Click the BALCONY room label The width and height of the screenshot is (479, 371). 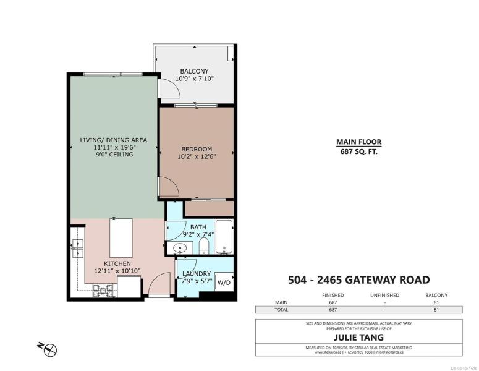194,71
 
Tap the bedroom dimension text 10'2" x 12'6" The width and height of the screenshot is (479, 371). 197,157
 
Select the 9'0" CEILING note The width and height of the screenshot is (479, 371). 114,155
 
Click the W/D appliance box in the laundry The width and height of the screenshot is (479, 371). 224,282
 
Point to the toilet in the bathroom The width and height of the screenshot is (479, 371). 204,245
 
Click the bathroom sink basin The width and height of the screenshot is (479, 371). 180,248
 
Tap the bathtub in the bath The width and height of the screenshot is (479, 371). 224,237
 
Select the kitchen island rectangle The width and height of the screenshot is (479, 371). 121,238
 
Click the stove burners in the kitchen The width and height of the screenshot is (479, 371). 103,291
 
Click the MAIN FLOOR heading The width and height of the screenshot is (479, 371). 359,142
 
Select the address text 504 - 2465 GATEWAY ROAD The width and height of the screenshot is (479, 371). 359,279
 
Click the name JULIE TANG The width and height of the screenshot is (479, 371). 358,338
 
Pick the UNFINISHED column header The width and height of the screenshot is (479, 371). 384,295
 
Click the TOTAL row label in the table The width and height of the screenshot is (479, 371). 281,310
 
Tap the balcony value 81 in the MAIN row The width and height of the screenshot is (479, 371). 436,302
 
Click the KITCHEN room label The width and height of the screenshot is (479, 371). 117,263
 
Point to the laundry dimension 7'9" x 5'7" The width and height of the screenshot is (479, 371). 197,281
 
